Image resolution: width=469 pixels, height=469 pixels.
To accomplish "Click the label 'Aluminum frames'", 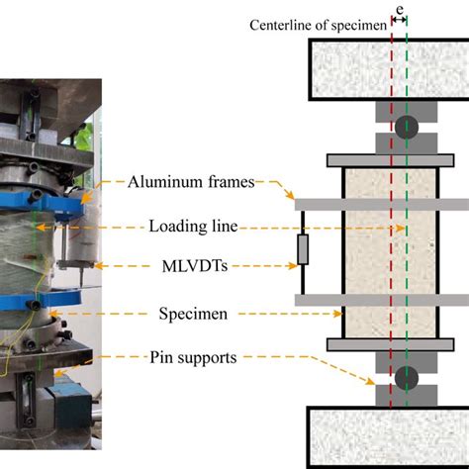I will [x=191, y=181].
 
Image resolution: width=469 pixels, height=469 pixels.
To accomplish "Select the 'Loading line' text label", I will [x=193, y=227].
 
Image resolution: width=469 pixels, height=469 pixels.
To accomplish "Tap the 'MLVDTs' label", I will [x=194, y=266].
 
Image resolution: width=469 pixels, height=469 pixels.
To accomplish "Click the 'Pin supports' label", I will [x=194, y=356].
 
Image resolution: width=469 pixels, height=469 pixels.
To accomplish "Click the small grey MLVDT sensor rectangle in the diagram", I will [x=303, y=250].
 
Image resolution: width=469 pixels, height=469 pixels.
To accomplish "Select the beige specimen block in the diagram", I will [x=371, y=251].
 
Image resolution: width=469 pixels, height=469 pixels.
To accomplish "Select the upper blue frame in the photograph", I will [x=49, y=203].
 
